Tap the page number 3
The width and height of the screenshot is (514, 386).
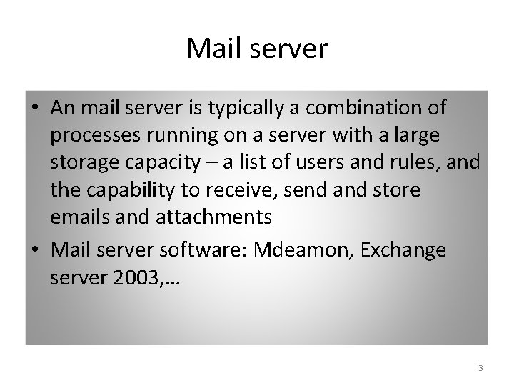[x=480, y=368]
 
